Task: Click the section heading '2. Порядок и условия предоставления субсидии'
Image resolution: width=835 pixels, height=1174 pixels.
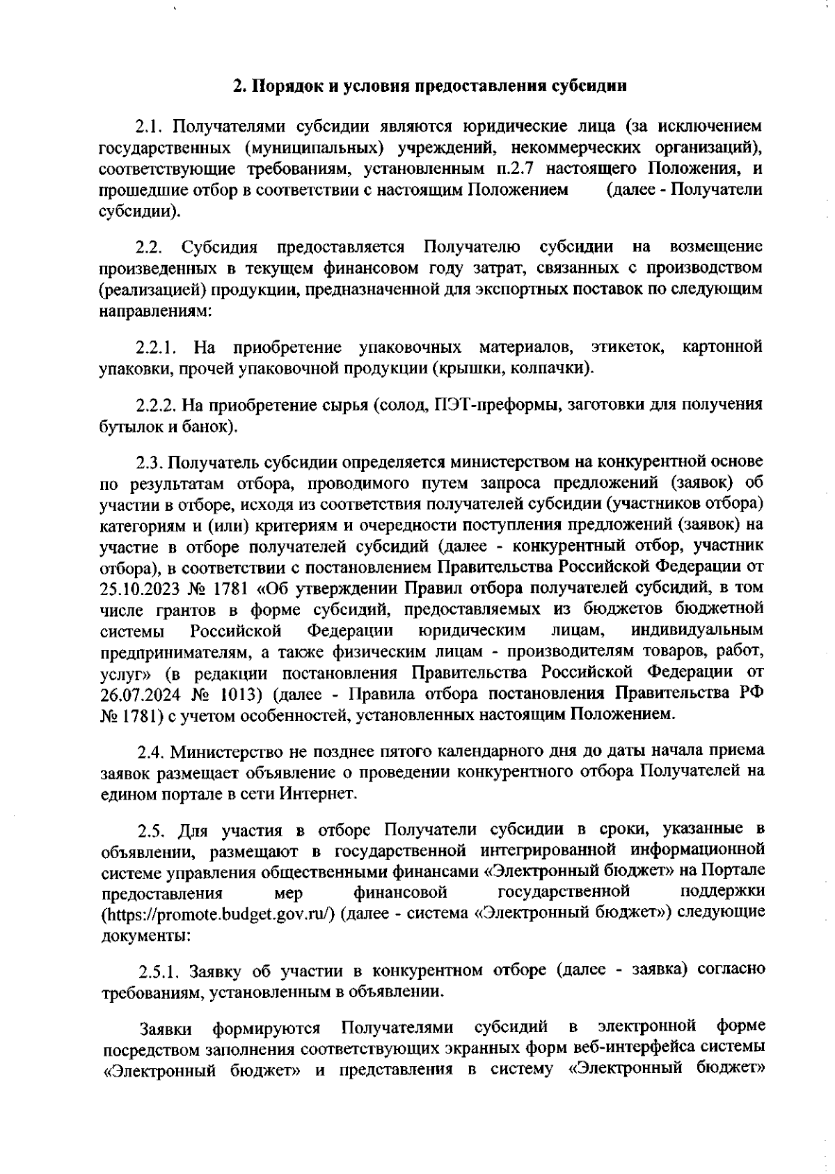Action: pos(430,87)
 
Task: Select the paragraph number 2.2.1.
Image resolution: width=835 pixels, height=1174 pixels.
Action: pos(158,347)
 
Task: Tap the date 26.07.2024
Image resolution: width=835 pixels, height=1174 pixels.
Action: pos(139,693)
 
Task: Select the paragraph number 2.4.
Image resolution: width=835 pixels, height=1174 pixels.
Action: pos(150,752)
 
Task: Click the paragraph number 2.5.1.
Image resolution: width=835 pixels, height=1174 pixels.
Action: pos(159,971)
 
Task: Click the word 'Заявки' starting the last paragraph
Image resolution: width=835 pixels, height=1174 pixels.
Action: pos(161,1028)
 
